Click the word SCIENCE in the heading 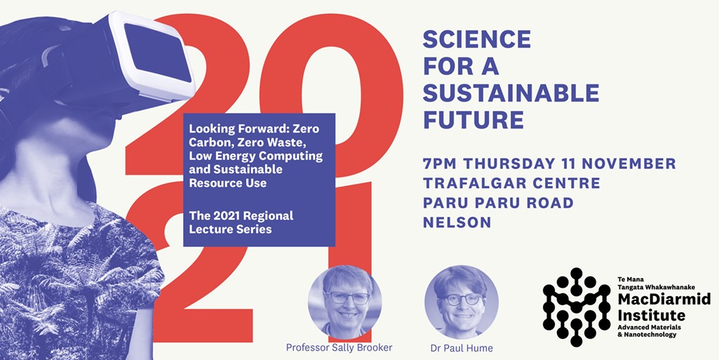coord(477,39)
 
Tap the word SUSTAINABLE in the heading coord(511,93)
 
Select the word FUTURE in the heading coord(473,119)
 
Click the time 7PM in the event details coord(441,164)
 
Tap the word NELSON coord(457,222)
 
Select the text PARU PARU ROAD coord(498,203)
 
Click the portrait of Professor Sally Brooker coord(345,302)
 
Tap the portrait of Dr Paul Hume coord(462,302)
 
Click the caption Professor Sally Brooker coord(339,347)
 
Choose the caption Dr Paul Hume coord(462,348)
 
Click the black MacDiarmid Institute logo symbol coord(577,307)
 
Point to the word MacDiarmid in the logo coord(664,300)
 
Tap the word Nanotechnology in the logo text coord(650,335)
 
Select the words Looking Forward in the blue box coord(224,129)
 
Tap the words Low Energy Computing coord(256,156)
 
